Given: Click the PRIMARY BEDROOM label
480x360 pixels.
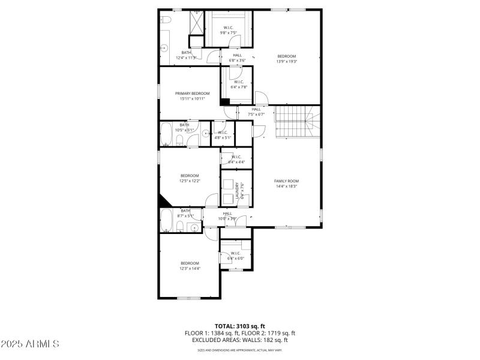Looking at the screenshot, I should [x=192, y=94].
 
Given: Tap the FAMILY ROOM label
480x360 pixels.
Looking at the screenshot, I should [x=286, y=181].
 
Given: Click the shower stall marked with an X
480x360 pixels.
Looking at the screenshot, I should [x=196, y=23].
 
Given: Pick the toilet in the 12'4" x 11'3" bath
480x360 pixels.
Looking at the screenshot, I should [x=166, y=21].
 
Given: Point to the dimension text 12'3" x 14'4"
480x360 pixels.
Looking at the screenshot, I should [x=190, y=268].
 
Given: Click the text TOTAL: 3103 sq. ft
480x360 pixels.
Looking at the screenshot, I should [x=239, y=326].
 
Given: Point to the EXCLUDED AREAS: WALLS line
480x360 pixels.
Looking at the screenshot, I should [x=239, y=340].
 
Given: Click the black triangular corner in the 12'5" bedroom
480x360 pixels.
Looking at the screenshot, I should [x=164, y=200].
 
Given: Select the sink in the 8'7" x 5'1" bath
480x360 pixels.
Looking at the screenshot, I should [x=193, y=226].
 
